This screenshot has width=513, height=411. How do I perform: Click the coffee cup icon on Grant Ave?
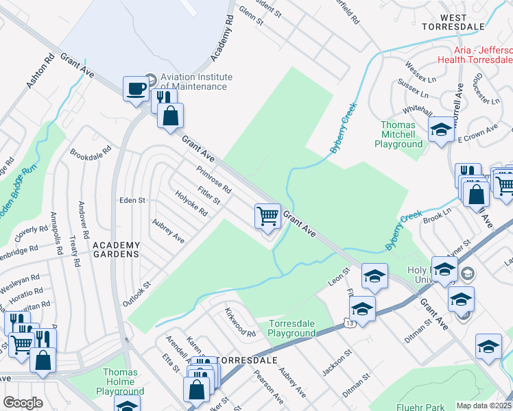[x=136, y=88]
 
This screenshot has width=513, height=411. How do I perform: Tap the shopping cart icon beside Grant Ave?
[x=267, y=215]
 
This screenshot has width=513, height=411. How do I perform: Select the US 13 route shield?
[x=342, y=321]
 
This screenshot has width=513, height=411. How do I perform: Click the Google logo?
[x=23, y=402]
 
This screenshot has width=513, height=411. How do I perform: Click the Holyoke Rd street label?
[x=191, y=203]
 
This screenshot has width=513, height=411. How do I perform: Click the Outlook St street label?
[x=136, y=293]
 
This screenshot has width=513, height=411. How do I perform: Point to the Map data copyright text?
[x=484, y=406]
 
